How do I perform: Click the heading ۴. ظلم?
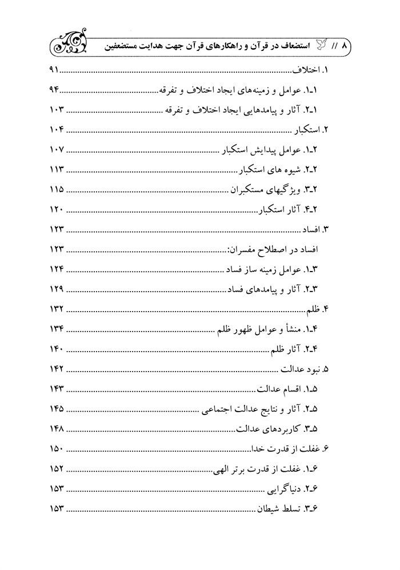[x=320, y=309]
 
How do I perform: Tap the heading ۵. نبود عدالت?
[x=305, y=369]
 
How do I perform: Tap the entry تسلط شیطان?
[x=291, y=508]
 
